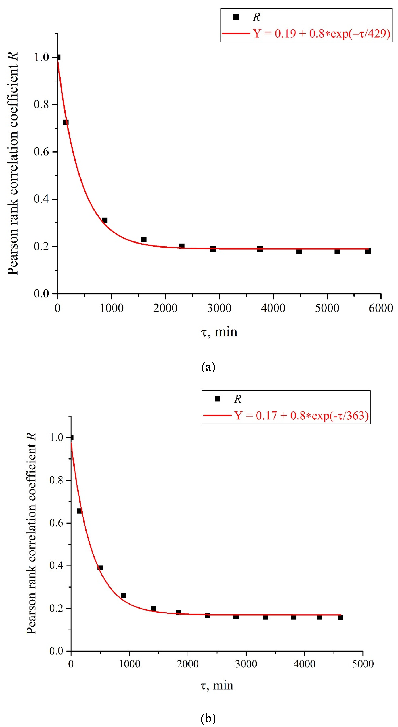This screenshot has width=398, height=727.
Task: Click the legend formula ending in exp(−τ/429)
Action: [322, 34]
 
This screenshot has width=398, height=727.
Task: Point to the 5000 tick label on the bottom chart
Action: [363, 664]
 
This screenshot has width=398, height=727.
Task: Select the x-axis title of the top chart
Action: [219, 332]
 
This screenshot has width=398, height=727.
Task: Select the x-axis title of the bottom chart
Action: [217, 685]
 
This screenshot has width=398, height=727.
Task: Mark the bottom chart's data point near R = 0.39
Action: [100, 568]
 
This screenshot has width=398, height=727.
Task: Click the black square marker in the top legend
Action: [236, 17]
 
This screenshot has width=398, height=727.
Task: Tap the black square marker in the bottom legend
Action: [217, 399]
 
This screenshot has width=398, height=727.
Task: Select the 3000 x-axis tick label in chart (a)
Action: [219, 308]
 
